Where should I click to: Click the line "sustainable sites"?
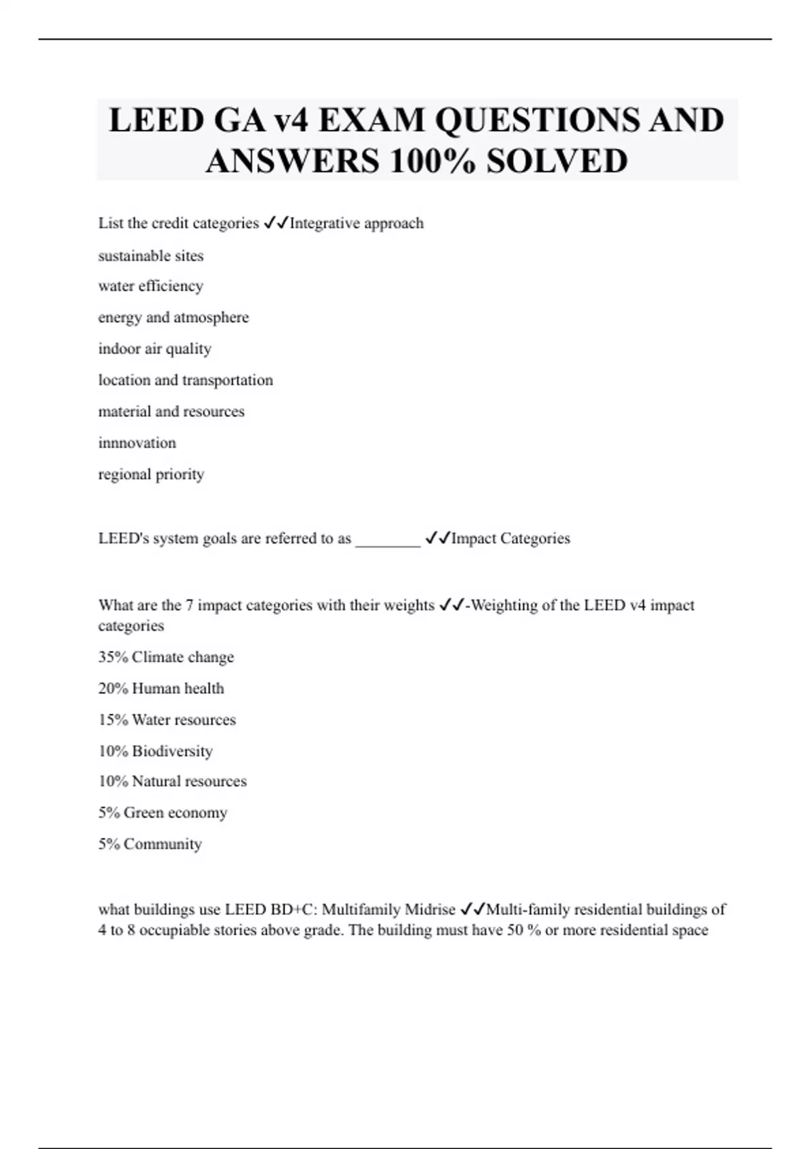(x=151, y=255)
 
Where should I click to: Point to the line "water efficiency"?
(x=151, y=286)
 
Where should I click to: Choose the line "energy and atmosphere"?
(x=174, y=317)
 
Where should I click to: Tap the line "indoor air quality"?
(x=155, y=349)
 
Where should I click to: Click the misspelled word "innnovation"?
(x=137, y=443)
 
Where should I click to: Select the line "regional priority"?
(x=151, y=474)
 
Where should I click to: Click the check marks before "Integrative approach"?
(x=276, y=223)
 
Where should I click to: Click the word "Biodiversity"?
(x=172, y=751)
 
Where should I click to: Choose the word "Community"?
(x=163, y=844)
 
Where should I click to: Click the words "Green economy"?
(x=176, y=812)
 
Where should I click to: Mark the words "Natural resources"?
(x=189, y=781)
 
